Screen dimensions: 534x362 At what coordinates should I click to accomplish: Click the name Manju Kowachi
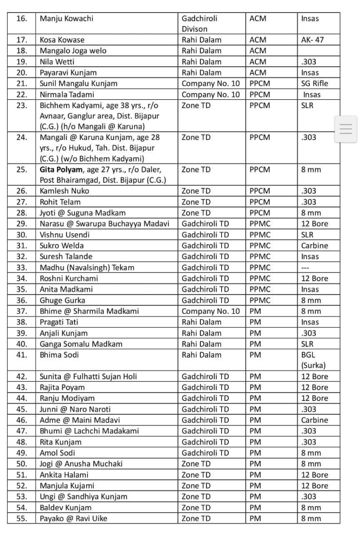pyautogui.click(x=67, y=19)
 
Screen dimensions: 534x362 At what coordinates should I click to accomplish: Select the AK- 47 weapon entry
pyautogui.click(x=313, y=40)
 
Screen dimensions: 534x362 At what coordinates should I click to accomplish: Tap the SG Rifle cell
pyautogui.click(x=314, y=84)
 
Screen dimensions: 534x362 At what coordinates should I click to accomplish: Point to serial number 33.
pyautogui.click(x=22, y=267)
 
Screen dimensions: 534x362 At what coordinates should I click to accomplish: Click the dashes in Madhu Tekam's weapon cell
pyautogui.click(x=306, y=268)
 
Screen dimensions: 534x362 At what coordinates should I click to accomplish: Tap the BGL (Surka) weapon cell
pyautogui.click(x=313, y=360)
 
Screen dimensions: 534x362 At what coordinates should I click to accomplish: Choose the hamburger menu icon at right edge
pyautogui.click(x=346, y=129)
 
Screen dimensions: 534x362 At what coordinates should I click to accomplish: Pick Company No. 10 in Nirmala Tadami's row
pyautogui.click(x=211, y=94)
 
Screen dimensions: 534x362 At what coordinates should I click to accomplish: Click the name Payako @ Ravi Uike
pyautogui.click(x=73, y=518)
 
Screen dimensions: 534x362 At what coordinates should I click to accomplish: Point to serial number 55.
pyautogui.click(x=22, y=518)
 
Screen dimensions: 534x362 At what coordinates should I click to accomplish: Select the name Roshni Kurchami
pyautogui.click(x=69, y=279)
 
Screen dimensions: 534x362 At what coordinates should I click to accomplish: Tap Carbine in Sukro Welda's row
pyautogui.click(x=314, y=246)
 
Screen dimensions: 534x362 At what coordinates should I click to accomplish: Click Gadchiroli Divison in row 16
pyautogui.click(x=199, y=24)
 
